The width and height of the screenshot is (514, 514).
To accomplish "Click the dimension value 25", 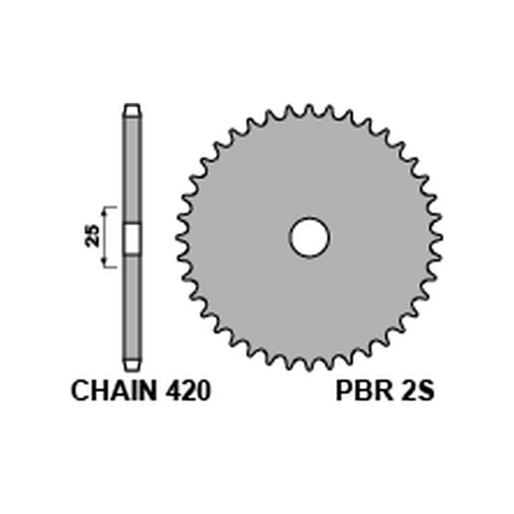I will [x=93, y=237].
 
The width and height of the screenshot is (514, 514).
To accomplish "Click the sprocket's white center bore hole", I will [x=309, y=238].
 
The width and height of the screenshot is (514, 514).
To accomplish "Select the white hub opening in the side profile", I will [x=132, y=238].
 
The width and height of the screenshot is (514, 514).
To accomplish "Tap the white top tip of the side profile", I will [x=132, y=110].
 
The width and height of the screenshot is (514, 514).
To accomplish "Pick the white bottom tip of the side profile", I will [x=132, y=364].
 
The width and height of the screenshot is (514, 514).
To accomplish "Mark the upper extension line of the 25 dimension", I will [x=111, y=208].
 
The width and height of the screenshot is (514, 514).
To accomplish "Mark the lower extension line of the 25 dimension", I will [x=111, y=266].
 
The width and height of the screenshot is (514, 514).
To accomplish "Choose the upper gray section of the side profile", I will [x=132, y=167].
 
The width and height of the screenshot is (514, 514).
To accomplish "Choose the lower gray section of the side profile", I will [x=132, y=308].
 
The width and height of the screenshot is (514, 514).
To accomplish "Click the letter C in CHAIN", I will [x=80, y=392].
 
